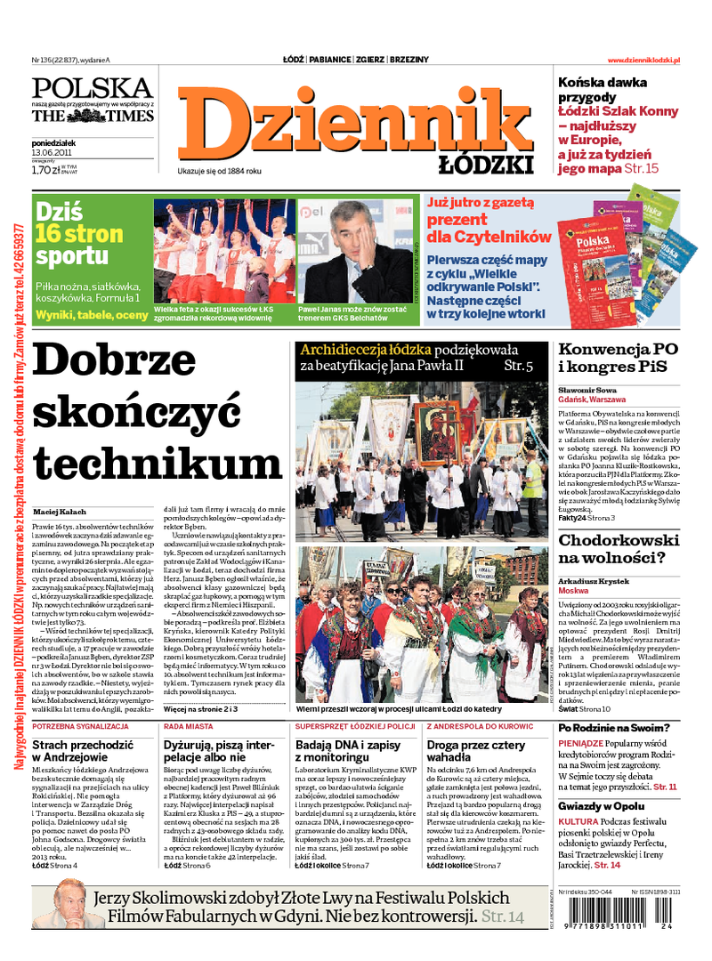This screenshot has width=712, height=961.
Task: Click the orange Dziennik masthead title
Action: point(356,120)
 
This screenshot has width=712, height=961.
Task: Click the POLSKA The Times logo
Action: point(93,100)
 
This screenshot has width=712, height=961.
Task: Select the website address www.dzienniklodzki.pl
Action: point(643,60)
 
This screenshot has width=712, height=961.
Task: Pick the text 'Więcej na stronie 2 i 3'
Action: point(200,710)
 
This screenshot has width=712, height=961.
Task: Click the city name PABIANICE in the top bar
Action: point(329,60)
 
